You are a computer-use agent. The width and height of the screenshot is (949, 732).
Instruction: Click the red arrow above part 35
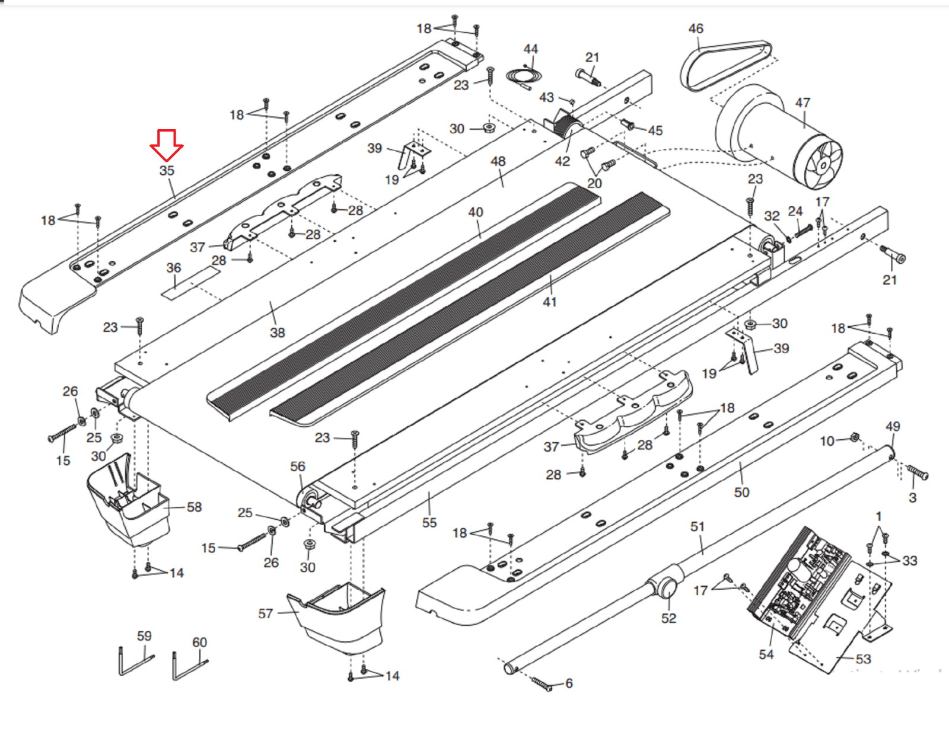pos(166,145)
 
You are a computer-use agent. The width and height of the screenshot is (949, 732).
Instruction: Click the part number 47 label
pos(802,103)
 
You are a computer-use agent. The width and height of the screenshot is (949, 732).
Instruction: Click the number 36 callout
pos(173,268)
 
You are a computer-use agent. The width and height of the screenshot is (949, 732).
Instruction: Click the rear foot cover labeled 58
pos(130,503)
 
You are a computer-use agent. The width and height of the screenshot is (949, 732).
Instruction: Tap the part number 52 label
pos(668,618)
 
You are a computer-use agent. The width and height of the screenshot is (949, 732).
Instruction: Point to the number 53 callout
pos(863,659)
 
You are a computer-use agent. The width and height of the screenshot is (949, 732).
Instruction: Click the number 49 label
pos(893,427)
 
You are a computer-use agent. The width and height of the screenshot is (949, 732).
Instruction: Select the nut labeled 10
pos(855,437)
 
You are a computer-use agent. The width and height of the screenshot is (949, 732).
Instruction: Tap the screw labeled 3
pos(918,473)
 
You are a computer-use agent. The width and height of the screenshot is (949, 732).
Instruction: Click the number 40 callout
pos(476,212)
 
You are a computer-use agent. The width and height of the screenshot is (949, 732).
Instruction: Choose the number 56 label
pos(298,466)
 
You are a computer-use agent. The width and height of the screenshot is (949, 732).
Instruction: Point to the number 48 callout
pos(498,161)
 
